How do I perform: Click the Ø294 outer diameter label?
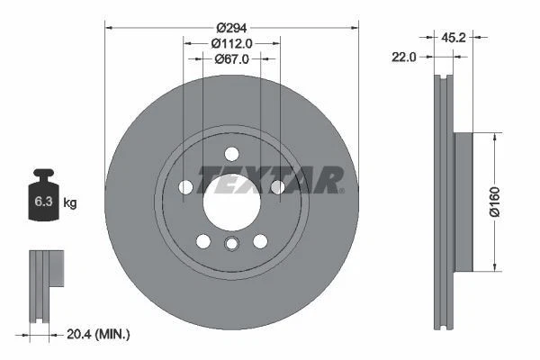232,26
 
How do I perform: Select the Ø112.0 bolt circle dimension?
232,42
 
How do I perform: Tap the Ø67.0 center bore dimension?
232,59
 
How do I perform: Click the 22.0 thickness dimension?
405,58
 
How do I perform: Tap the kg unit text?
69,203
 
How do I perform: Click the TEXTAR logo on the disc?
270,180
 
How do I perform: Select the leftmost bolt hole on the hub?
186,187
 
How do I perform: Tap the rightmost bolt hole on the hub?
277,186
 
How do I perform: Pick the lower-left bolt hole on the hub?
202,240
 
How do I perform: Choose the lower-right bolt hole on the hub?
260,240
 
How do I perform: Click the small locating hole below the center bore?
231,245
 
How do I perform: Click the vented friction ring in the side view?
441,202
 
